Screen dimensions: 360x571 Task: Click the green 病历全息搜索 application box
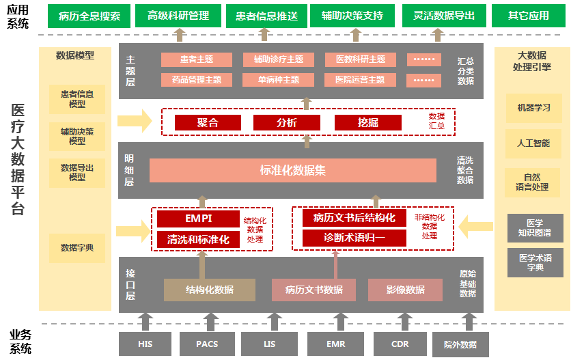click(x=89, y=15)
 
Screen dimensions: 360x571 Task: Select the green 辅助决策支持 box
click(x=352, y=15)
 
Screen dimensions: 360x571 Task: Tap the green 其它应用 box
click(x=528, y=15)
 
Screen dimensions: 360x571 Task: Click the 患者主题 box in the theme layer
click(x=196, y=60)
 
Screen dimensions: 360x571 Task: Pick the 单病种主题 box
click(x=278, y=80)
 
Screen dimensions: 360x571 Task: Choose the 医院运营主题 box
click(x=360, y=80)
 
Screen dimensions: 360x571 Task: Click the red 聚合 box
click(x=208, y=123)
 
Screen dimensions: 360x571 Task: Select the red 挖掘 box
click(x=368, y=123)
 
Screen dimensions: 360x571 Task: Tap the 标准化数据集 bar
click(x=292, y=170)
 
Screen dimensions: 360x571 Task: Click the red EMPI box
click(x=198, y=219)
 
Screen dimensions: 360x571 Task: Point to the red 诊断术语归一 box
click(x=354, y=238)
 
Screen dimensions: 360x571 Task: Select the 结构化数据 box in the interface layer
click(x=209, y=290)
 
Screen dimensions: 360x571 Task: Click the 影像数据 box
click(x=405, y=290)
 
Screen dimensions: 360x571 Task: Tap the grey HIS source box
click(x=145, y=344)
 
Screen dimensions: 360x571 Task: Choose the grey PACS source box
click(x=207, y=344)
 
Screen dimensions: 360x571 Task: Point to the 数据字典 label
click(x=77, y=248)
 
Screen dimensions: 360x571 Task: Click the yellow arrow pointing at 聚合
click(x=135, y=122)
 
